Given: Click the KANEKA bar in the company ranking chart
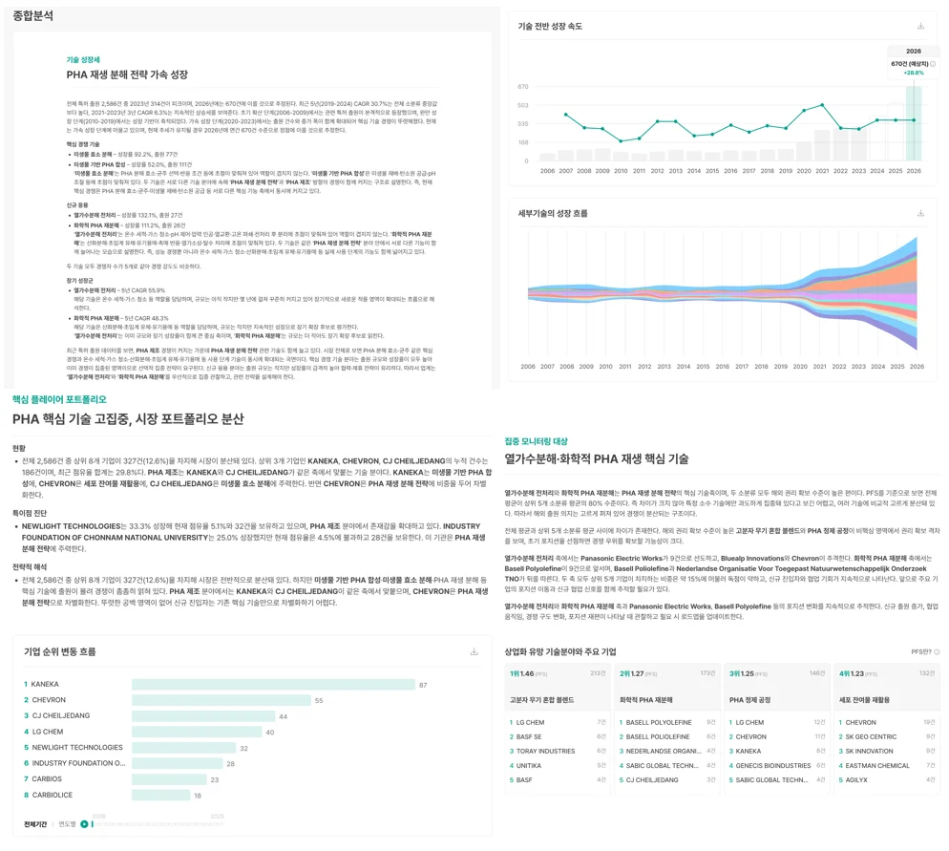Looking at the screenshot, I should (x=272, y=685).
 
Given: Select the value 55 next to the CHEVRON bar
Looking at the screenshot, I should (x=319, y=700).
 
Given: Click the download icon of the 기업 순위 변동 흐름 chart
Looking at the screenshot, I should (x=474, y=652).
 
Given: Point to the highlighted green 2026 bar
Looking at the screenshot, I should (x=914, y=124).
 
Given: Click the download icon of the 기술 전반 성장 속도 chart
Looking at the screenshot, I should (x=920, y=27).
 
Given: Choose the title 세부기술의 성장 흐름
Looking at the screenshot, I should (x=553, y=213).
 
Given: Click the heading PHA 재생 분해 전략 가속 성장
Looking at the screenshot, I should (x=127, y=74).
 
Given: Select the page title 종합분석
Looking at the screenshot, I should (x=33, y=16).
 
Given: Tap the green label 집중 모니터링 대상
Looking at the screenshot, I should (x=536, y=441).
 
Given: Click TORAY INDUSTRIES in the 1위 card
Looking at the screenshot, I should (x=546, y=751).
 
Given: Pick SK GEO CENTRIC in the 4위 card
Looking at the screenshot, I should (x=871, y=736).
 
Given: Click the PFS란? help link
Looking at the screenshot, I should (x=923, y=652).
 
